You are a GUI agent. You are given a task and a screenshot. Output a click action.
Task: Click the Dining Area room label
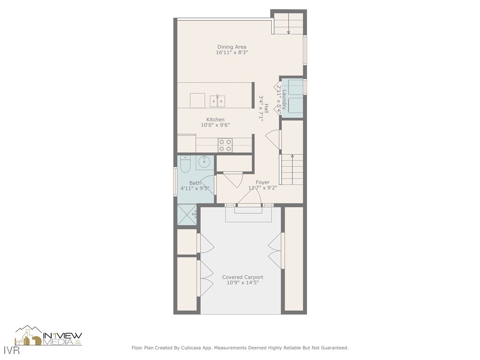pyautogui.click(x=232, y=47)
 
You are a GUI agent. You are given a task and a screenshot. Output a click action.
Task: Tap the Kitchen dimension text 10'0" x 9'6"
pyautogui.click(x=215, y=125)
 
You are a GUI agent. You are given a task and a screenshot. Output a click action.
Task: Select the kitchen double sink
pyautogui.click(x=217, y=100)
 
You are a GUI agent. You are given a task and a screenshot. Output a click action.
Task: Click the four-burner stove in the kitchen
pyautogui.click(x=225, y=145)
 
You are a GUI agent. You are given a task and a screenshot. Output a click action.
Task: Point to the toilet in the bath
pyautogui.click(x=184, y=165)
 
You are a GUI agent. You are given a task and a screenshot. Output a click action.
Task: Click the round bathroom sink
pyautogui.click(x=204, y=163)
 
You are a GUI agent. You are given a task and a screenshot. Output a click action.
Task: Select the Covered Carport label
pyautogui.click(x=242, y=277)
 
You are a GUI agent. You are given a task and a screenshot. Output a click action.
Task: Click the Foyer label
pyautogui.click(x=262, y=182)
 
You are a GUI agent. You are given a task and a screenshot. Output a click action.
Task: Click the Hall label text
pyautogui.click(x=266, y=108)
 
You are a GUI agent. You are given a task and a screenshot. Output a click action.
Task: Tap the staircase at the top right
pyautogui.click(x=288, y=24)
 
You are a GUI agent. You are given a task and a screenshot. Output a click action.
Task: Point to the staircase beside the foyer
pyautogui.click(x=292, y=169)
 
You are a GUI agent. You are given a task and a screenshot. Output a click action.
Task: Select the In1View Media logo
pyautogui.click(x=49, y=337)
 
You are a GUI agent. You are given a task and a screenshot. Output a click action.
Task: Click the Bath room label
pyautogui.click(x=195, y=183)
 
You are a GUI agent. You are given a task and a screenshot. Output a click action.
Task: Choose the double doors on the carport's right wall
pyautogui.click(x=277, y=250)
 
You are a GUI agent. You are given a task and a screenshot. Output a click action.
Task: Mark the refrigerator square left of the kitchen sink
pyautogui.click(x=197, y=100)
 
